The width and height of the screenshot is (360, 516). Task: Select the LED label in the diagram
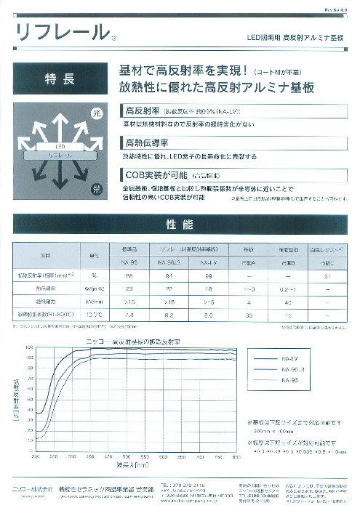[61, 147]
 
